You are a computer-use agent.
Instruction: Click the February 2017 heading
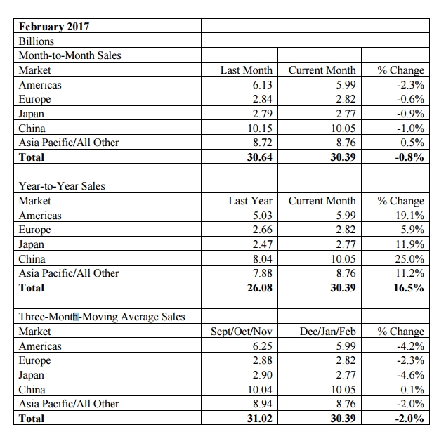[x=54, y=27]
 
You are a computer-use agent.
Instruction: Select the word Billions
[x=37, y=41]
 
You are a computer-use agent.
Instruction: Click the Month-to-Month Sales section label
[x=70, y=55]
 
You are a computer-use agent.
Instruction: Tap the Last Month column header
[x=247, y=70]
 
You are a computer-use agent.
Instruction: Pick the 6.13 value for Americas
[x=262, y=85]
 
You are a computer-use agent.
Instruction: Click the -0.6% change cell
[x=410, y=99]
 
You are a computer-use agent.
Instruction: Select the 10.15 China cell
[x=260, y=129]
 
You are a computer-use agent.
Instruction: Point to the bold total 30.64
[x=260, y=157]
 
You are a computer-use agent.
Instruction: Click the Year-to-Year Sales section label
[x=62, y=186]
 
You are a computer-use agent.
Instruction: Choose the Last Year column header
[x=250, y=201]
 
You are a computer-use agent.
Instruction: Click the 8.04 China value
[x=262, y=259]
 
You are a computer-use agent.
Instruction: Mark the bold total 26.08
[x=260, y=288]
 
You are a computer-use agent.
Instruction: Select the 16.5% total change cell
[x=409, y=288]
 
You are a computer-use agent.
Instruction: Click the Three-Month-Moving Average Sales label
[x=102, y=317]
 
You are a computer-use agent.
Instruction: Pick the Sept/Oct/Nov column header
[x=242, y=331]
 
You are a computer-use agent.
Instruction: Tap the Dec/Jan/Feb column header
[x=328, y=331]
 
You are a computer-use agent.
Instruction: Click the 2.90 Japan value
[x=262, y=374]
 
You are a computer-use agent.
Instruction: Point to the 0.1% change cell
[x=412, y=389]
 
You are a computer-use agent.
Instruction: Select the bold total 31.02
[x=260, y=418]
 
